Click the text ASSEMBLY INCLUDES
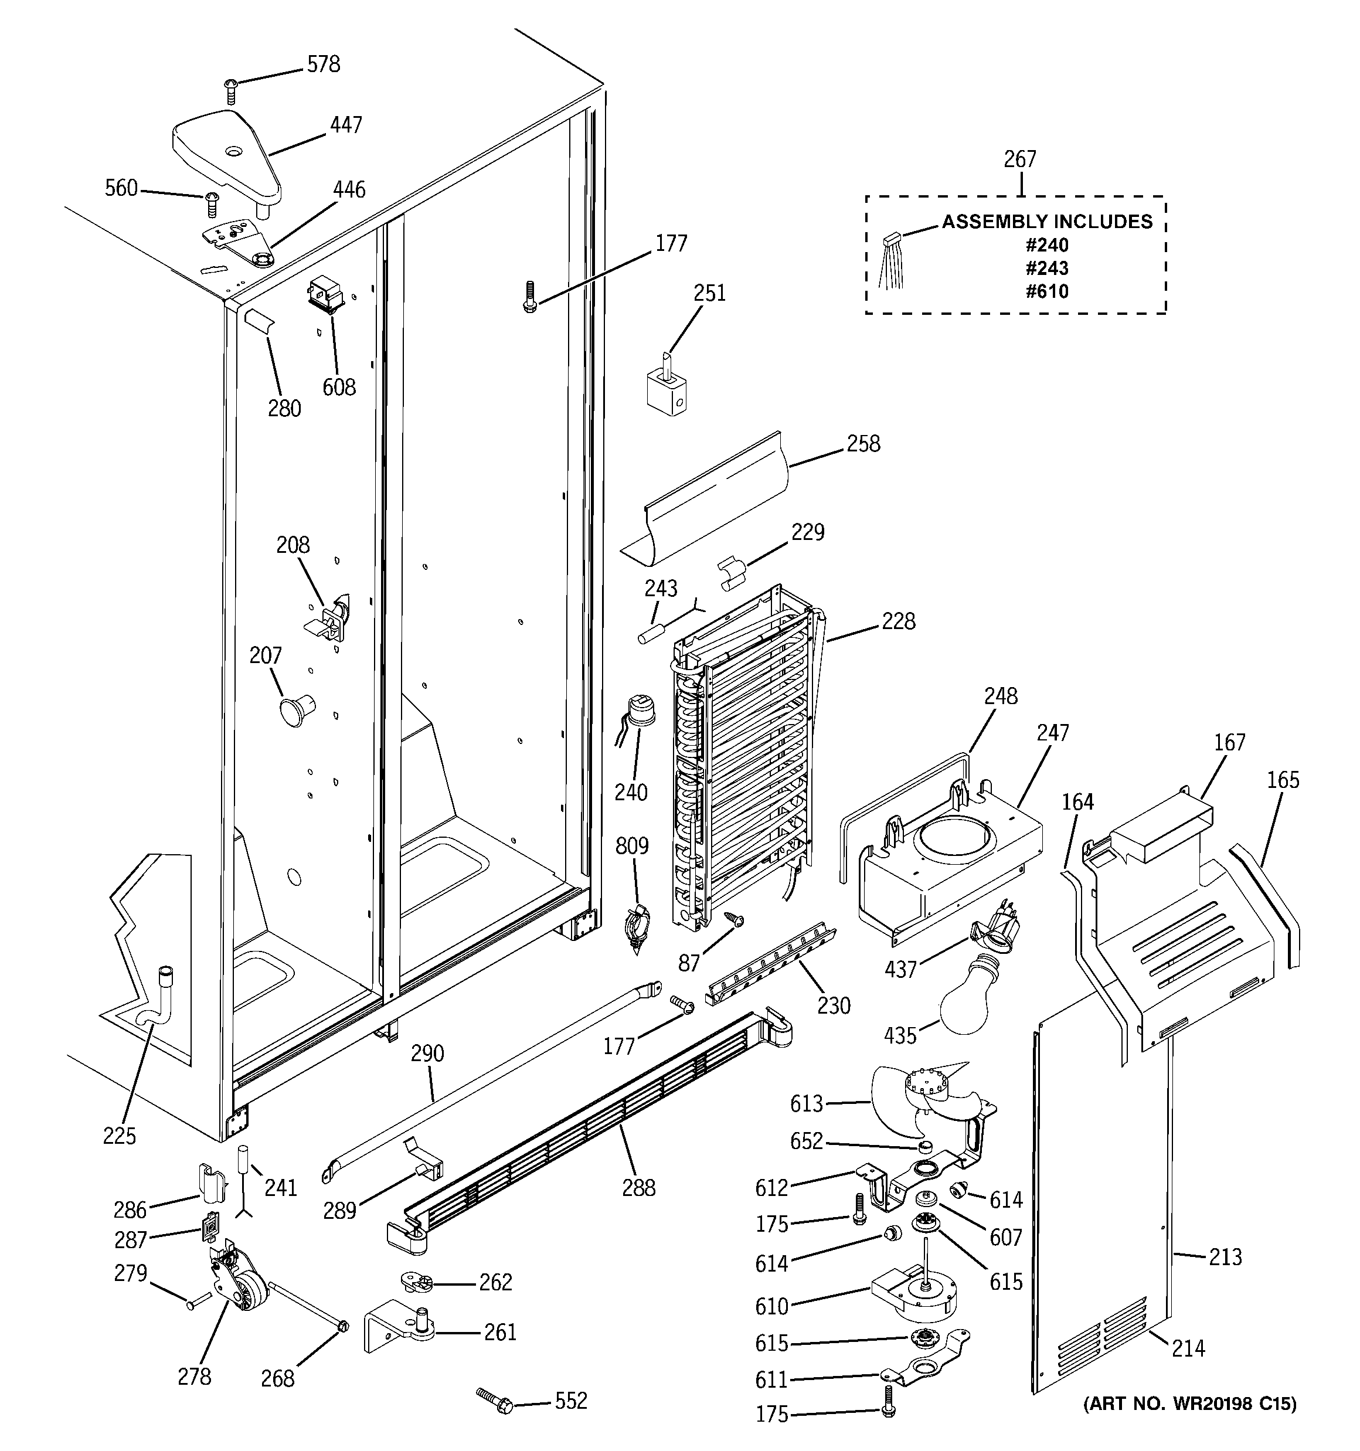click(x=1047, y=222)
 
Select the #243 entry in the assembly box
click(x=1047, y=268)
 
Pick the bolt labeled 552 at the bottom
click(x=496, y=1401)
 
